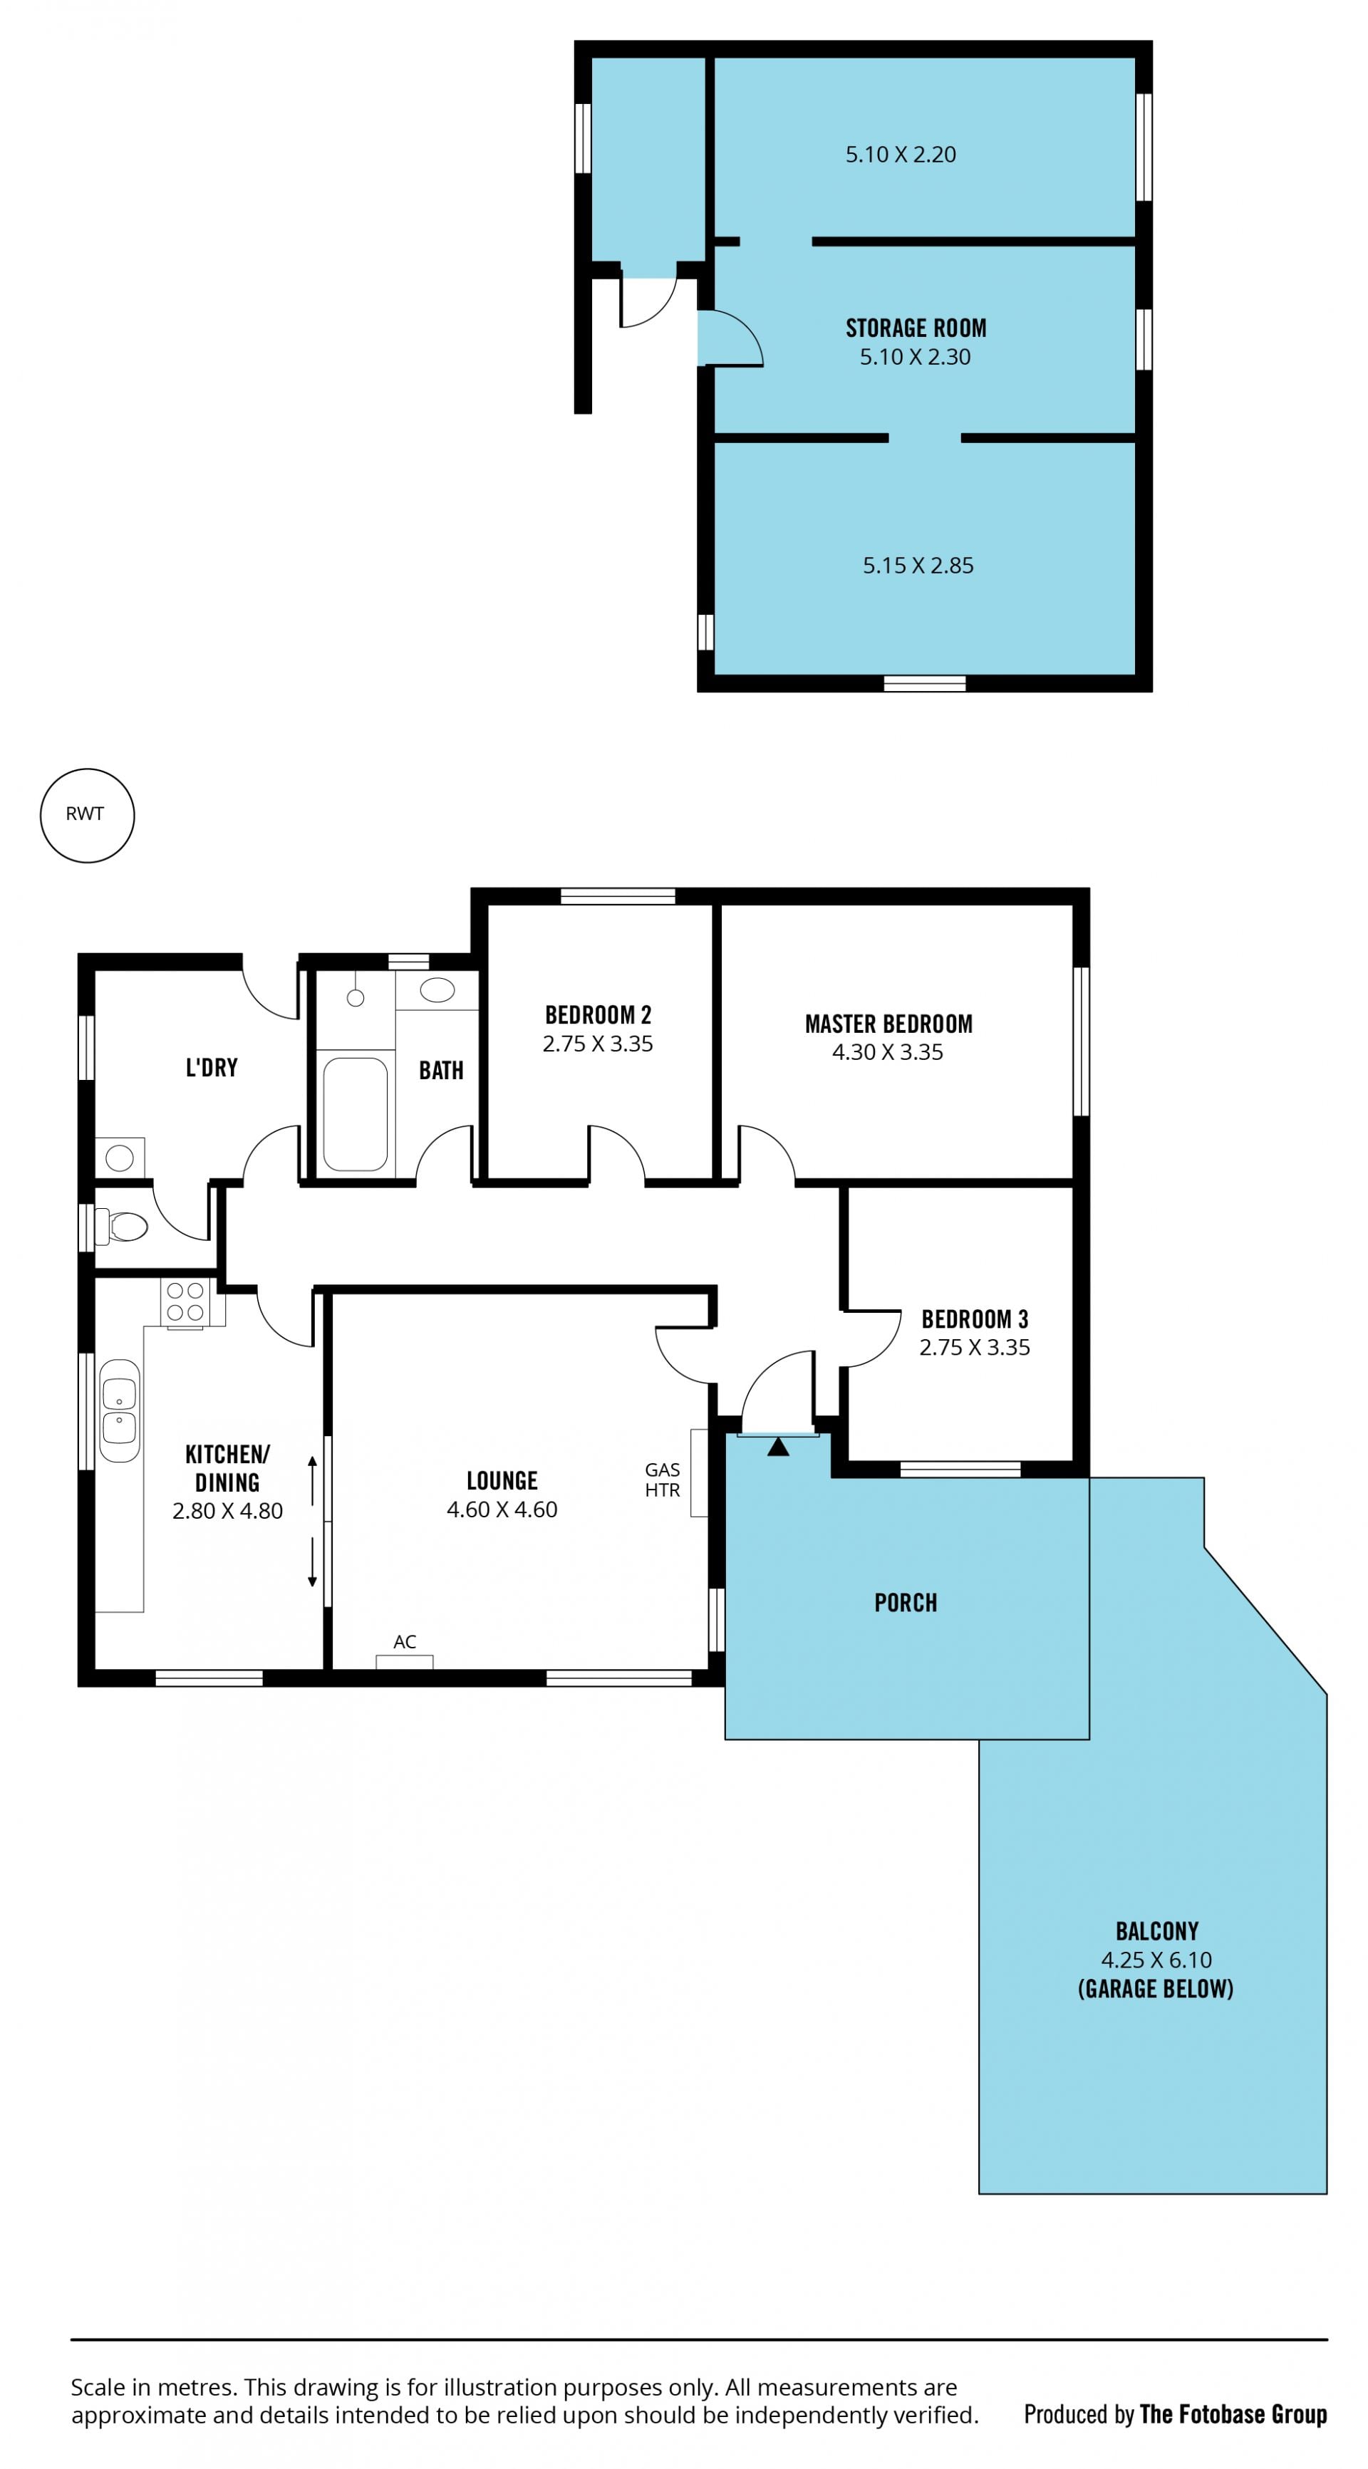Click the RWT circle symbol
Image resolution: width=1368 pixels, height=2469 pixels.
[x=86, y=769]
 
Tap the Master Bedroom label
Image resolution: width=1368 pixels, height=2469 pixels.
[x=888, y=1024]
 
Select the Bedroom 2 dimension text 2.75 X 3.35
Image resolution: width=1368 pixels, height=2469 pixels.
[x=598, y=1044]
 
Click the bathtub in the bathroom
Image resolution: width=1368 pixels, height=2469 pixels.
[x=355, y=1113]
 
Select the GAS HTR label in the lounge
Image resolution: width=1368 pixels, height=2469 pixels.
[x=663, y=1480]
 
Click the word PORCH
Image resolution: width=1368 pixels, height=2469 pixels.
[x=906, y=1603]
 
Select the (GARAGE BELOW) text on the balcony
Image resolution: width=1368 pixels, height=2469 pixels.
[x=1156, y=1989]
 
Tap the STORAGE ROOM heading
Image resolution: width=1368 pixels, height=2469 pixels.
[x=916, y=328]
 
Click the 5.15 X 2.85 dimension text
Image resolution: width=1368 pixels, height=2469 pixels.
[x=918, y=566]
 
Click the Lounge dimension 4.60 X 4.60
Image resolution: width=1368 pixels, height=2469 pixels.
[x=502, y=1509]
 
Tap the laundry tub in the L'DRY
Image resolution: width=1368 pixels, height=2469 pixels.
[x=120, y=1158]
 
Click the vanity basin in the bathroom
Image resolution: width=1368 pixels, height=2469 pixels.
[x=437, y=990]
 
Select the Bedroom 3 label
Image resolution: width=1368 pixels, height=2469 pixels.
[x=975, y=1319]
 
